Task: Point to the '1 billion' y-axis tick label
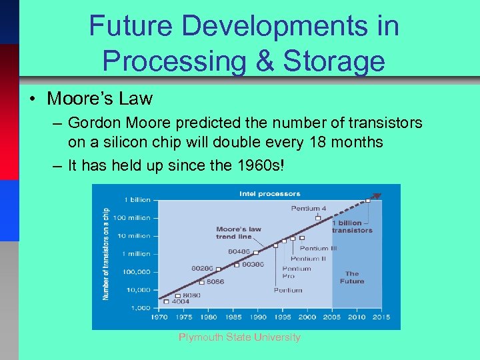coord(137,200)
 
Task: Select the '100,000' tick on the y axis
coord(137,272)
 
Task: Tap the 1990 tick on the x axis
coord(258,317)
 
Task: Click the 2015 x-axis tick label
coord(381,317)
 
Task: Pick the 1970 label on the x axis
coord(159,317)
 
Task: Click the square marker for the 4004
coord(166,301)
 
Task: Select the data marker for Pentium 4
coord(318,218)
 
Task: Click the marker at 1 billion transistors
coord(367,201)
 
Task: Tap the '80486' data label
coord(239,251)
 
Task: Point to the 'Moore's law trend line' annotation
coord(239,233)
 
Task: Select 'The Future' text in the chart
coord(352,277)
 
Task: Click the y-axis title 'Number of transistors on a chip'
coord(106,253)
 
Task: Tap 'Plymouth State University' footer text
coord(239,337)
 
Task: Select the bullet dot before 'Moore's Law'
coord(32,99)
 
